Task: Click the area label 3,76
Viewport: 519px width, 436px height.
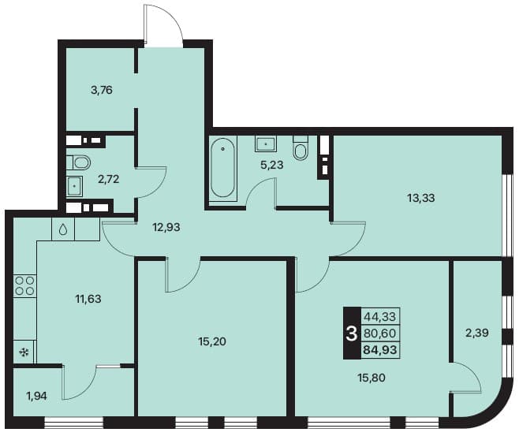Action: [x=102, y=90]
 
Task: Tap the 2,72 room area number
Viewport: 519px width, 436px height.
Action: [x=108, y=179]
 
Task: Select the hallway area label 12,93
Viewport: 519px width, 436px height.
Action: [x=166, y=227]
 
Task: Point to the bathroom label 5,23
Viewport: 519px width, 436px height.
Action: [x=272, y=165]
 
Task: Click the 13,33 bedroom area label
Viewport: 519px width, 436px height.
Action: [x=421, y=198]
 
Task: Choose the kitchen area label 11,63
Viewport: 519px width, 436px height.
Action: [x=88, y=299]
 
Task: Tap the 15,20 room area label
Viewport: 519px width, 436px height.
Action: [x=212, y=341]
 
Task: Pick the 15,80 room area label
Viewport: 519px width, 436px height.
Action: [x=372, y=378]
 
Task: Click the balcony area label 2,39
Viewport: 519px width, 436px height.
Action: [x=477, y=333]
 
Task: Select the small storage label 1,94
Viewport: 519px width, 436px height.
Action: [x=36, y=396]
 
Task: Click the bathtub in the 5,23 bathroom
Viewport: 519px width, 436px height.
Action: [x=222, y=168]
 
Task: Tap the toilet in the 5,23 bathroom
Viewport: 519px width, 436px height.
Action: [x=301, y=148]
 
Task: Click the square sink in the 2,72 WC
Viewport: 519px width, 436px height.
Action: [x=74, y=186]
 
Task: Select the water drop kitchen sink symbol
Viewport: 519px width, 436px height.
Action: [x=63, y=229]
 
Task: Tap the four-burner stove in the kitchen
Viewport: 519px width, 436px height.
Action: [x=24, y=286]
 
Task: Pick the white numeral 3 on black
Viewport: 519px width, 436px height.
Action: [x=352, y=334]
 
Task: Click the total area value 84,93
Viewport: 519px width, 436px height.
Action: [x=380, y=349]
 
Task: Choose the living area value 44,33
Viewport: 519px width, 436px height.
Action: [x=380, y=317]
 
